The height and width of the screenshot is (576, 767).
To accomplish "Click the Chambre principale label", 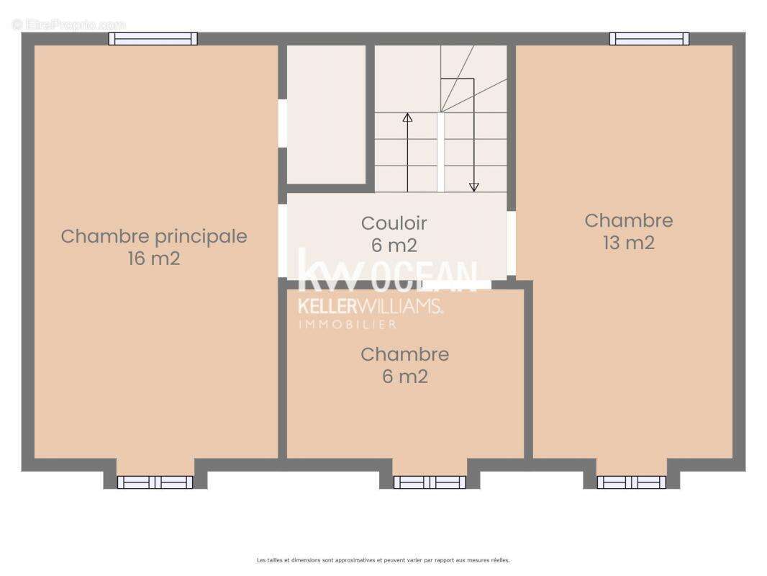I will pos(153,236).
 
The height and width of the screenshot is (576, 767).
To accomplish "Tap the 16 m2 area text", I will pos(153,258).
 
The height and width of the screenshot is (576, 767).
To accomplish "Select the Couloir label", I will pos(394,223).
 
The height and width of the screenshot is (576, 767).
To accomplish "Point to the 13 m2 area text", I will pos(628,243).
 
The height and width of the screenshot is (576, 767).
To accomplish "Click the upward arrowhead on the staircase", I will pos(407,117).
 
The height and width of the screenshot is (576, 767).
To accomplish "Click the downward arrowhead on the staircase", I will pos(473,186).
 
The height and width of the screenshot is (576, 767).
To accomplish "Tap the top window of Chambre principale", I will pos(153,39).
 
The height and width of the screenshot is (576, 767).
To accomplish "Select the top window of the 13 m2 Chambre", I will pos(649,39).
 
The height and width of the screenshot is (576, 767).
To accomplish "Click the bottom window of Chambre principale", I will pos(155,482).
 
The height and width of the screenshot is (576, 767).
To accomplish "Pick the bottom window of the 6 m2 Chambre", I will pos(430,482).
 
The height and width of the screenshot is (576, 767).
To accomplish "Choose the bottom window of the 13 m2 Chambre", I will pos(631,482).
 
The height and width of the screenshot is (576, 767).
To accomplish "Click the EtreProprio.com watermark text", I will pos(68,24).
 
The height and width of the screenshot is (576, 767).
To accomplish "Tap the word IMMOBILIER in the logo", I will pos(348,325).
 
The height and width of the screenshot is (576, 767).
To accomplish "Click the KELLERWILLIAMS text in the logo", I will pos(370,306).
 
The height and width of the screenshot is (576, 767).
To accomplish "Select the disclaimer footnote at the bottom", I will pos(383,560).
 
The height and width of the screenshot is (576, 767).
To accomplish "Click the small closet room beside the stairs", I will pos(326,114).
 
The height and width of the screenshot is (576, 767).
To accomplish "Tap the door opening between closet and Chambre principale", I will pos(282,123).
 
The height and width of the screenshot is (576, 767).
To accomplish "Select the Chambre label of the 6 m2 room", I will pos(404,354).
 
